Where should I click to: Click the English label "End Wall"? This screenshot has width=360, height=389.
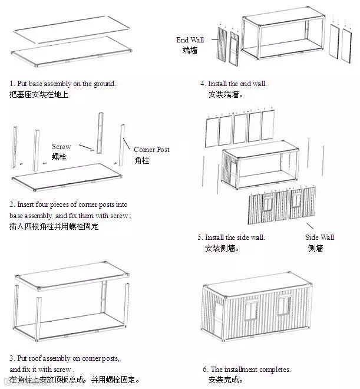click(190, 40)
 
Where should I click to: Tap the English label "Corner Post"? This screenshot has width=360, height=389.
click(151, 150)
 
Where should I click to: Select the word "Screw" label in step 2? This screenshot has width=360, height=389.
click(61, 147)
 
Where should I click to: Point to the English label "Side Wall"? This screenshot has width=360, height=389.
click(319, 237)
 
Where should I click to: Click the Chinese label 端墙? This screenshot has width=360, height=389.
click(190, 51)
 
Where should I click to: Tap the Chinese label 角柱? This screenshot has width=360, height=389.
click(141, 160)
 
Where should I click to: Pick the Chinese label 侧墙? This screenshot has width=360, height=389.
click(315, 248)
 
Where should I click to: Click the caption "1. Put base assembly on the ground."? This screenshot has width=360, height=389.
click(62, 84)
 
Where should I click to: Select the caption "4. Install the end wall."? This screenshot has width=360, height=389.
click(233, 84)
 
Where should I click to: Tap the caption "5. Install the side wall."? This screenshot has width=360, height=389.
click(231, 238)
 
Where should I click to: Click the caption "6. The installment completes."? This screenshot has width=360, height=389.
click(247, 370)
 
